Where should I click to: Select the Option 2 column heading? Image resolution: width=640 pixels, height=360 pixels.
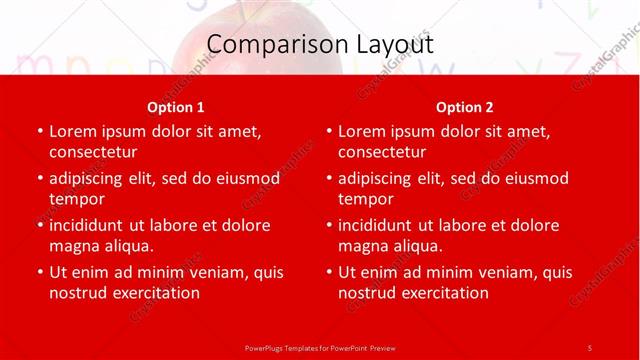tap(465, 107)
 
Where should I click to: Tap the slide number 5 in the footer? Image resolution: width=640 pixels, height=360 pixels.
tap(590, 347)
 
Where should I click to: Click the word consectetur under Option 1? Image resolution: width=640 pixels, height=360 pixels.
tap(93, 152)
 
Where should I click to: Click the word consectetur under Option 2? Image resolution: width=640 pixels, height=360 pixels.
tap(382, 152)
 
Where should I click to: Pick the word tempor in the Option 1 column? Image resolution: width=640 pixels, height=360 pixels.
tap(77, 199)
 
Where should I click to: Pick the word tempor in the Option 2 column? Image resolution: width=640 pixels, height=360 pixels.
tap(366, 199)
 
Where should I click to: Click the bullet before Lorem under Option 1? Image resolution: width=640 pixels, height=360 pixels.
tap(39, 131)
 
